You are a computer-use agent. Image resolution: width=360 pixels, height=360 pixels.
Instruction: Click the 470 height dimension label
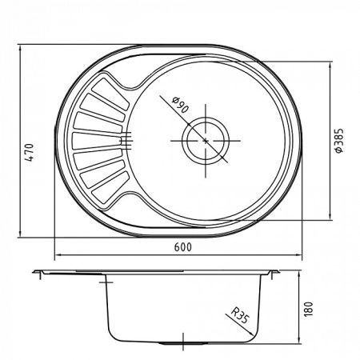click(x=27, y=152)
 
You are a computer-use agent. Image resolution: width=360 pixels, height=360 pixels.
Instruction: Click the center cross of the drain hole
click(x=206, y=141)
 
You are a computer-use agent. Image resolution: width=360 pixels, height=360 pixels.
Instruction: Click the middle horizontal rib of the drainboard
click(x=96, y=141)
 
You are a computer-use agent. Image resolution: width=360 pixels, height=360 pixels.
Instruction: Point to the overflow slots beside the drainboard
click(x=124, y=141)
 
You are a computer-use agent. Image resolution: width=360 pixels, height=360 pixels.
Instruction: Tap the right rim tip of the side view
click(x=278, y=273)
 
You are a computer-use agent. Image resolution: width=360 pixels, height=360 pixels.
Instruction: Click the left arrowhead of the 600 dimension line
click(x=56, y=257)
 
